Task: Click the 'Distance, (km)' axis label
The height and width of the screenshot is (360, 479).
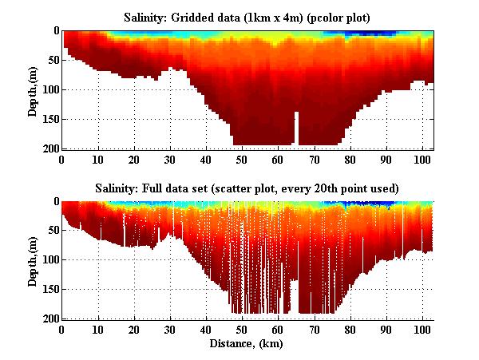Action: (247, 344)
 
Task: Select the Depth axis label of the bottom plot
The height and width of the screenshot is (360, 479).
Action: (33, 260)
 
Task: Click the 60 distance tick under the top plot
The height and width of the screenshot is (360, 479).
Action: (278, 158)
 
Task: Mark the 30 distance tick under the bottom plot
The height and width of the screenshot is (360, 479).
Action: (170, 329)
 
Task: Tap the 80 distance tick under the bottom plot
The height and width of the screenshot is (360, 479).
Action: (350, 329)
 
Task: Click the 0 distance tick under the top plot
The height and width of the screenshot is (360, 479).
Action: (62, 158)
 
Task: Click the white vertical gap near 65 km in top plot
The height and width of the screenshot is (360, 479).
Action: (296, 129)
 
